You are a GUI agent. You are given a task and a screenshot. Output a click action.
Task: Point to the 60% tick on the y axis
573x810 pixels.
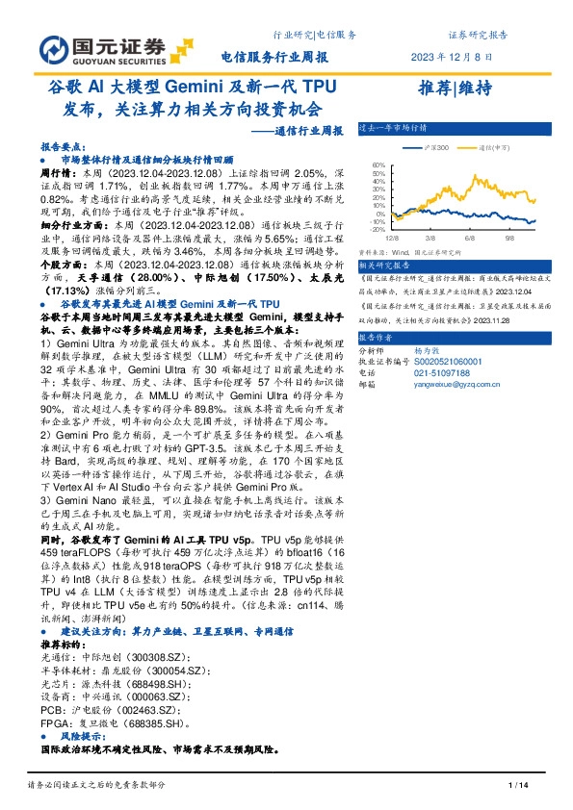pos(378,165)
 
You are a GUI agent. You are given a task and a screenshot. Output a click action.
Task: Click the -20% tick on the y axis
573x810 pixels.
pos(378,229)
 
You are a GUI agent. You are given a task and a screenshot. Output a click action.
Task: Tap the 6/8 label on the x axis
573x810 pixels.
pos(469,237)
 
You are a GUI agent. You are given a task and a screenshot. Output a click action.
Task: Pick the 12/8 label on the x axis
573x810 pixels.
pos(392,237)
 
